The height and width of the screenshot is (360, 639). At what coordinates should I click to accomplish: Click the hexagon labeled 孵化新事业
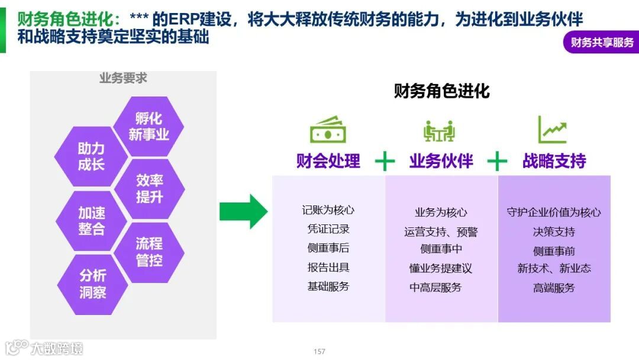149,127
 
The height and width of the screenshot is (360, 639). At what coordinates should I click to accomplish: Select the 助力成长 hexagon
91,156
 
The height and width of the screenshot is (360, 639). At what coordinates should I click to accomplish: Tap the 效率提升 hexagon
149,188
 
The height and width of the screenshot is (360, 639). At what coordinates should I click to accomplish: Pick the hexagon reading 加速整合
91,221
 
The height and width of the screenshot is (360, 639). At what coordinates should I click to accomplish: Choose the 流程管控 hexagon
149,252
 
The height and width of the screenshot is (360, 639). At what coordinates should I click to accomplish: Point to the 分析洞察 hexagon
92,284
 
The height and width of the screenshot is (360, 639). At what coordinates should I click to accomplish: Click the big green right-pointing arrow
243,211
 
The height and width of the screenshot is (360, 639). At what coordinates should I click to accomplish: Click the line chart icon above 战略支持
552,130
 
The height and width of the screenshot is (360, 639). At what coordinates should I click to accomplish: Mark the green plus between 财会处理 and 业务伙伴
385,161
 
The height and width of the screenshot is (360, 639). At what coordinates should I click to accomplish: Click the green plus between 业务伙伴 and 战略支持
497,161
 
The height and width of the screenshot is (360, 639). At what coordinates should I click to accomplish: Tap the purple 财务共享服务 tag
601,43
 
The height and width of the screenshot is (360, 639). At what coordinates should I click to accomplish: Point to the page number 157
319,352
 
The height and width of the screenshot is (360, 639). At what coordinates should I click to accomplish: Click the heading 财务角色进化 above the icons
441,91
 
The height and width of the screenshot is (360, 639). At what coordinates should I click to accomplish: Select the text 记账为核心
328,210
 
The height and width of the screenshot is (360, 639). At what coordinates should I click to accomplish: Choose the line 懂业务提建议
440,268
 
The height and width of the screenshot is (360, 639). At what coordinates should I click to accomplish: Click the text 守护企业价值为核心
554,212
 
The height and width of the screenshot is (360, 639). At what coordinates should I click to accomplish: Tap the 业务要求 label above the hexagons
123,78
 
